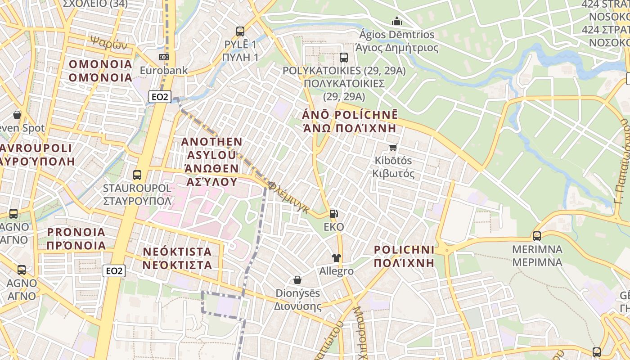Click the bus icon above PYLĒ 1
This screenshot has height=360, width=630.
pos(240,31)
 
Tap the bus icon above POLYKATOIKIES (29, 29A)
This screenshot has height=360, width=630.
pos(344,57)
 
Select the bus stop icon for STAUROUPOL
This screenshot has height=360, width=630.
pos(137,175)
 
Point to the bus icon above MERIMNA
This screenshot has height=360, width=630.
pos(536,236)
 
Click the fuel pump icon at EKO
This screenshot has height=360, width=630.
pos(333,214)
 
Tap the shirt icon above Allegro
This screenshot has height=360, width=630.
pos(336,258)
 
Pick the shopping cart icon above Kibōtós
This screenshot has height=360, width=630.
pos(393,147)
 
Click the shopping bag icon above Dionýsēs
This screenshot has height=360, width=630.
pos(297,280)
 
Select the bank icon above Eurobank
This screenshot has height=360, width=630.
pos(163,57)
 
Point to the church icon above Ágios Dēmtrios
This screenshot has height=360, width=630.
pos(396,21)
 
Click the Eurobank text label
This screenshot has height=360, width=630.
pos(164,71)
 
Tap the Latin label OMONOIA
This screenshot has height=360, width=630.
pos(100,64)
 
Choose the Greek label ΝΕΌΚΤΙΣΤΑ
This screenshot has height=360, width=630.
pos(177,265)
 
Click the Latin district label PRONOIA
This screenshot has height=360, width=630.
pos(76,232)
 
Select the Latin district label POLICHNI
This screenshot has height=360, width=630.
pos(404,249)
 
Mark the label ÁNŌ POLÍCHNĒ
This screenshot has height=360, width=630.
pos(351,114)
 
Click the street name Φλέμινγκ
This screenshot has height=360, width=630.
pos(288,198)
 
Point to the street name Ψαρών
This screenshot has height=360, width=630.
pos(109,43)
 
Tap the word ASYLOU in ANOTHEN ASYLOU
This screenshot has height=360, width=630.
pos(211,155)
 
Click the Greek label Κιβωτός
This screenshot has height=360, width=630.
pos(394,174)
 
